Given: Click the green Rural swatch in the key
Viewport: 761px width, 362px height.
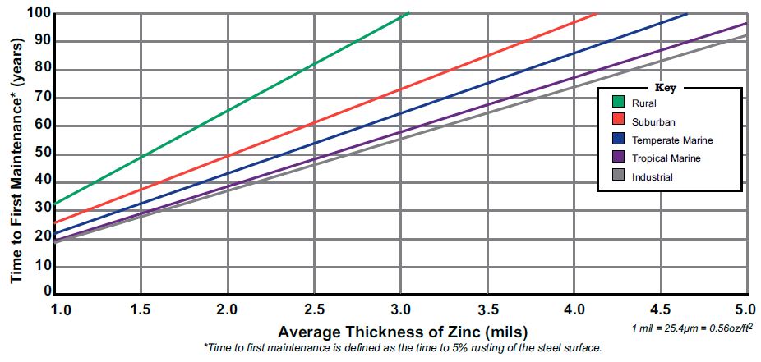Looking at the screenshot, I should tap(619, 103).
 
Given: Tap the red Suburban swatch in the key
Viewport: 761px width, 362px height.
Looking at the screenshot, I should tap(619, 121).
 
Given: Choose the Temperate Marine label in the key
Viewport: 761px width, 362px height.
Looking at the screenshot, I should tap(672, 140).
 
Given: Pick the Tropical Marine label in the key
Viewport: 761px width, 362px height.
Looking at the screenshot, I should tap(666, 158).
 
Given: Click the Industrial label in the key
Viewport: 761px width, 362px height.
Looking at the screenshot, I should tap(653, 177).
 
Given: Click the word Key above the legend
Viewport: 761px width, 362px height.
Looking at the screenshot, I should tap(665, 87).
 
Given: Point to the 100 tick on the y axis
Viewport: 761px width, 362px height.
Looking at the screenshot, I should tap(37, 14).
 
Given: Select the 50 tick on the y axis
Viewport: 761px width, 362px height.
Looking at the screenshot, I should tap(41, 154).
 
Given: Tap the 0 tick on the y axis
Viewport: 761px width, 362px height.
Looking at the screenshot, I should tap(47, 291).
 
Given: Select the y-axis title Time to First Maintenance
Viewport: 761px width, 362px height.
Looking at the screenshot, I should tap(16, 152).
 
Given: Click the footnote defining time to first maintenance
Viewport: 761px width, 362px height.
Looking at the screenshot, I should tap(403, 349).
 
